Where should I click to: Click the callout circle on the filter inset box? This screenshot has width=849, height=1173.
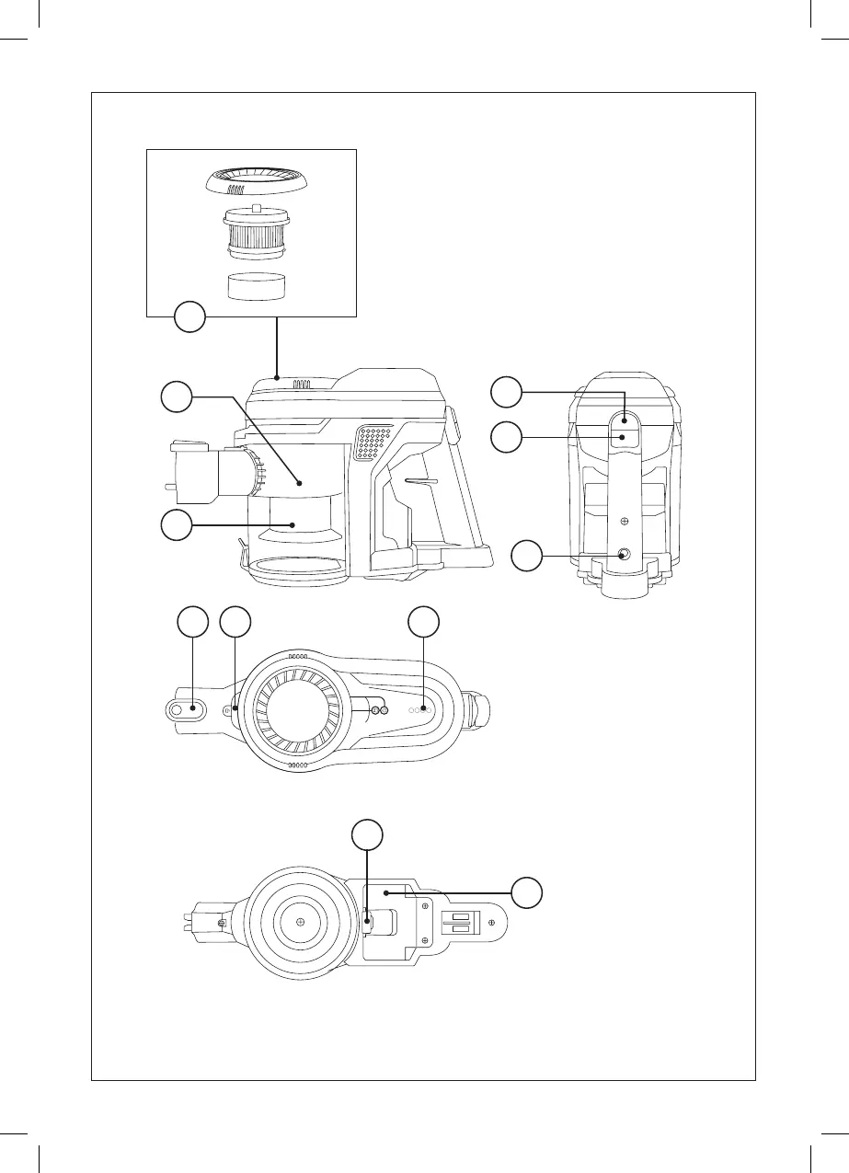tap(189, 318)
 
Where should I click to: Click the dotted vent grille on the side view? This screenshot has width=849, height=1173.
tap(374, 443)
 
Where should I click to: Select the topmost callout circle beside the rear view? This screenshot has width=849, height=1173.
tap(505, 391)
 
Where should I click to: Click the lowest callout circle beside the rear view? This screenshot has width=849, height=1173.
tap(528, 555)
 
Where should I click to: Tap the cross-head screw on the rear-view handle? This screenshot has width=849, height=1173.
tap(625, 521)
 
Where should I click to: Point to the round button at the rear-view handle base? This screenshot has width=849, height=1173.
tap(625, 554)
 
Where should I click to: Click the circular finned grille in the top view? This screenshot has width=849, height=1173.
tap(292, 709)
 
